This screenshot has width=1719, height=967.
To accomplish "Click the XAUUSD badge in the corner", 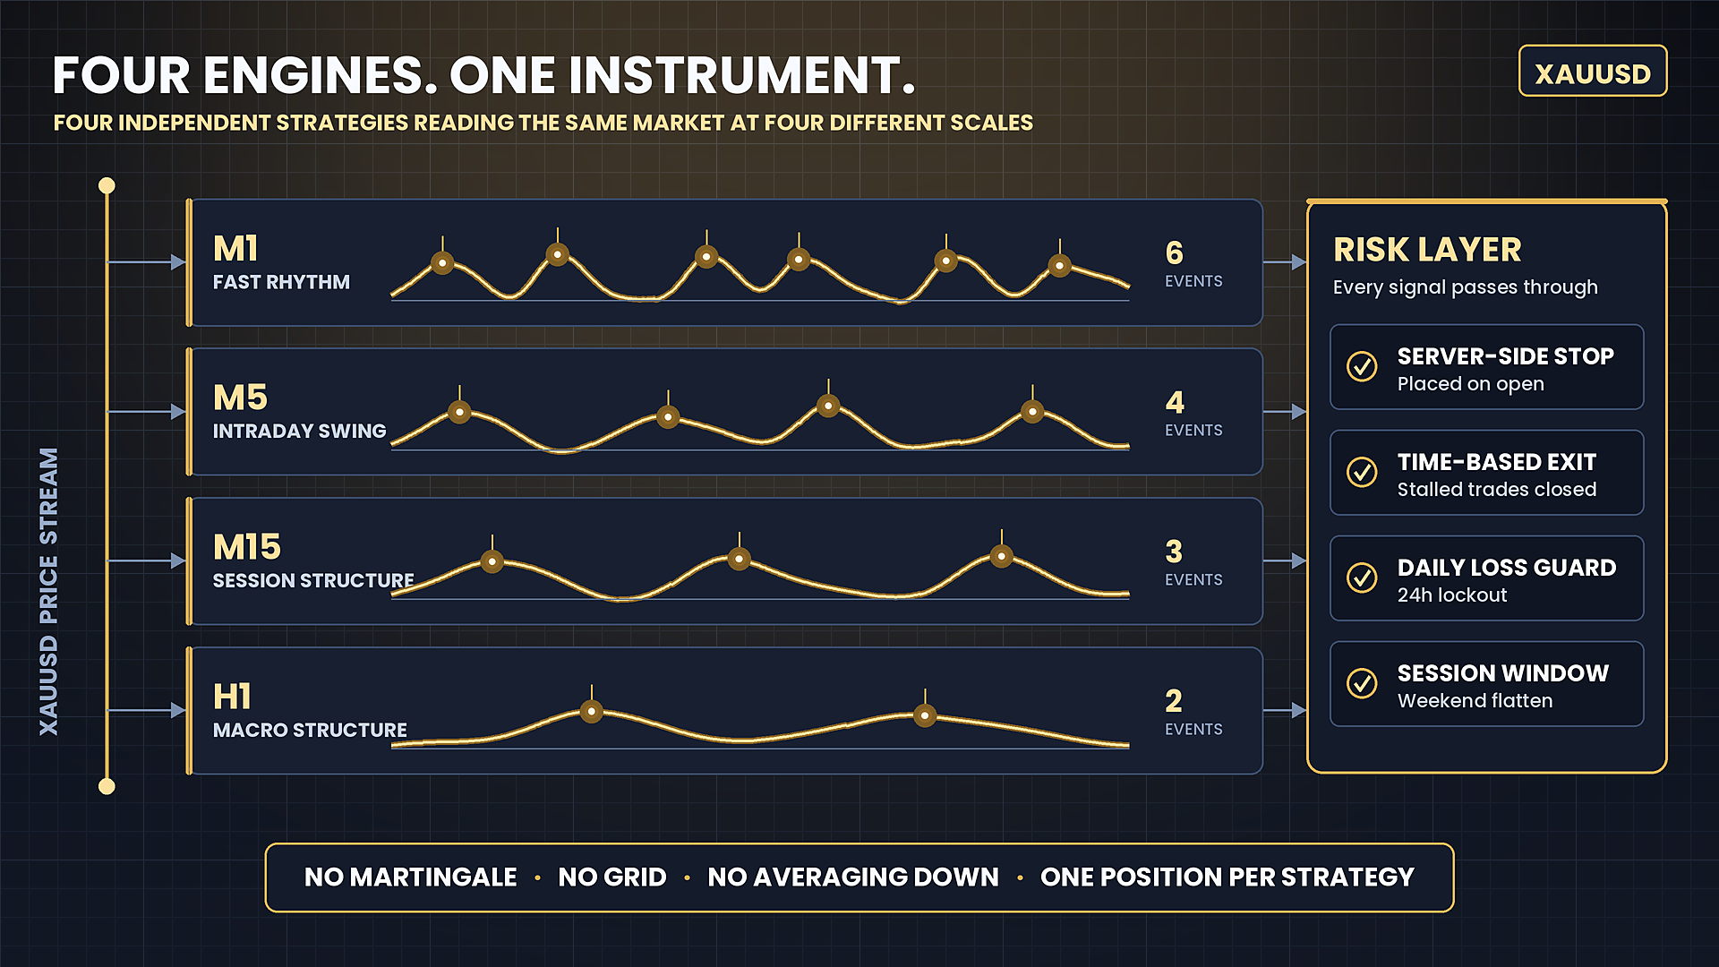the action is click(1593, 71).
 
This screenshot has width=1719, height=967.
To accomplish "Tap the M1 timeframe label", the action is click(235, 248).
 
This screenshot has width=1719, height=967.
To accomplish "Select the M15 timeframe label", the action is click(247, 547).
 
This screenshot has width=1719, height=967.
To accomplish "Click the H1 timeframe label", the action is click(232, 697).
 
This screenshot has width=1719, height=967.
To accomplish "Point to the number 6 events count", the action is click(1175, 252).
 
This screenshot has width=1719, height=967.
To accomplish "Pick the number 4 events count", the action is click(1175, 402).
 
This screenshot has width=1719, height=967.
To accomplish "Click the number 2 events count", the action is click(1174, 700).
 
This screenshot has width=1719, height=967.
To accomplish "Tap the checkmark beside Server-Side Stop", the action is click(1362, 366).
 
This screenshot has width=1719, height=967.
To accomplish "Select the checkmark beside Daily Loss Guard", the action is click(1362, 578).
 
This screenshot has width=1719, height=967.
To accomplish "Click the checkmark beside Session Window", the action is click(1362, 683).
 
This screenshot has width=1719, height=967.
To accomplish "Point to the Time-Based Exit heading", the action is click(1497, 462).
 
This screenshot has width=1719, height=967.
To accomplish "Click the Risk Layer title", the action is click(1427, 250).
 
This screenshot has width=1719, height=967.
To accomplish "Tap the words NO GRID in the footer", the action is click(612, 877).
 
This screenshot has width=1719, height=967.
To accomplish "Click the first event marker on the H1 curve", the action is click(591, 712).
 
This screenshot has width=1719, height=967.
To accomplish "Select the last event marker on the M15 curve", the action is click(1002, 557).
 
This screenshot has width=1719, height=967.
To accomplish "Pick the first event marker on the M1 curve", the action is click(442, 263).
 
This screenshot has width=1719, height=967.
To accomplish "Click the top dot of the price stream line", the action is click(107, 185).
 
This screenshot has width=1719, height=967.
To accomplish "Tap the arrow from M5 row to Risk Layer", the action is click(1285, 412).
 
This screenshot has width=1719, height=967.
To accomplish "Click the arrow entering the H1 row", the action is click(147, 710).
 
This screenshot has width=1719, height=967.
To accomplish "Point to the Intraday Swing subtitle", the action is click(299, 432).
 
